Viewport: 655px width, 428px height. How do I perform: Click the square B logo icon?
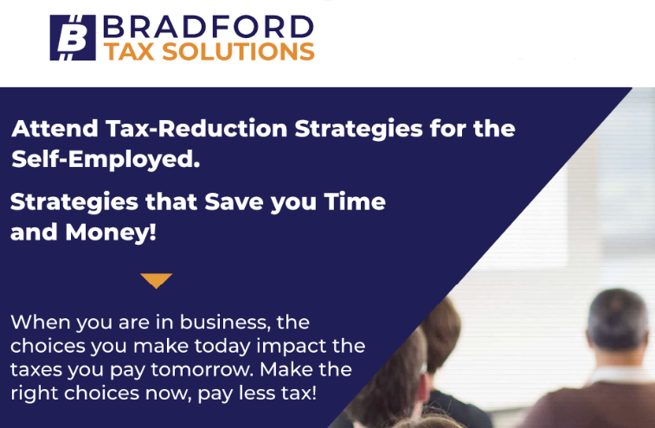pyautogui.click(x=73, y=37)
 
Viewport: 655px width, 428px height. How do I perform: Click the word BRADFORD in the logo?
pyautogui.click(x=208, y=27)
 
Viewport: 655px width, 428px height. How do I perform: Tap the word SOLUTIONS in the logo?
pyautogui.click(x=238, y=52)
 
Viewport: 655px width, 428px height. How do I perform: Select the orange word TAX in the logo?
pyautogui.click(x=129, y=52)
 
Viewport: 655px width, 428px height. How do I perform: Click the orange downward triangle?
pyautogui.click(x=157, y=280)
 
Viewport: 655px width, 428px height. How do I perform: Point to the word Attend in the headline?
pyautogui.click(x=55, y=128)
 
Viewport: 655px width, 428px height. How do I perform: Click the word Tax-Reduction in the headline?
pyautogui.click(x=196, y=128)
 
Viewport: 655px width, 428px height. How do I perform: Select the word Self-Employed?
pyautogui.click(x=106, y=159)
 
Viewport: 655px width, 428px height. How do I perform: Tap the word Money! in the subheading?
pyautogui.click(x=111, y=233)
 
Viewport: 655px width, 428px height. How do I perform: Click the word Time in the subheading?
pyautogui.click(x=355, y=201)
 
